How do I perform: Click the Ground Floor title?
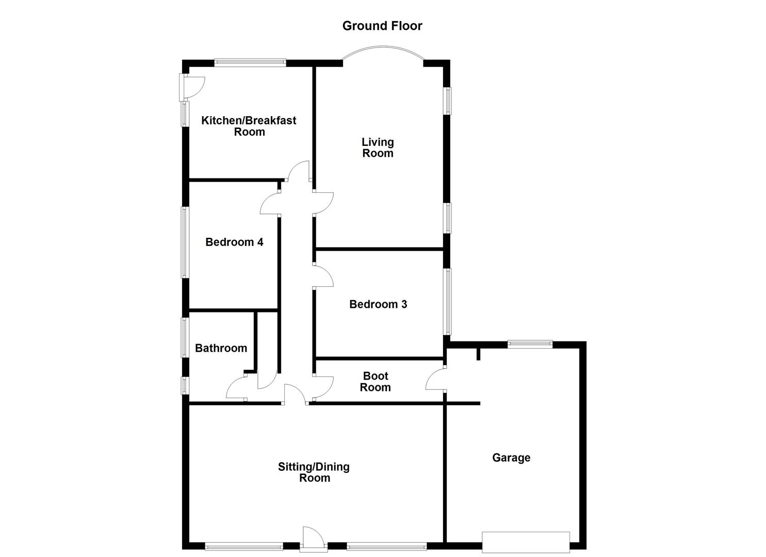tap(382, 26)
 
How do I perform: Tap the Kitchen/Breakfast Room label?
tap(249, 126)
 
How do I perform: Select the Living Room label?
tap(378, 148)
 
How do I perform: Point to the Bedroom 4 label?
tap(234, 242)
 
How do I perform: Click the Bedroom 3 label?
tap(378, 304)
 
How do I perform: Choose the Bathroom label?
tap(221, 348)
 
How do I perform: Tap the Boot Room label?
tap(375, 382)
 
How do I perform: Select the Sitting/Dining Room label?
tap(314, 472)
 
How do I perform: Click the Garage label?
tap(511, 457)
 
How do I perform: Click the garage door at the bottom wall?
tap(526, 542)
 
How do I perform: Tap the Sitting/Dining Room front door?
tap(313, 537)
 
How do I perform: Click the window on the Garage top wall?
tap(530, 344)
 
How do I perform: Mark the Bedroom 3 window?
tap(448, 302)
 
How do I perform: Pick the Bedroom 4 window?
tap(185, 242)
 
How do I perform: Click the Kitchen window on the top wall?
tap(250, 63)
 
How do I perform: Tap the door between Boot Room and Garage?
tap(436, 380)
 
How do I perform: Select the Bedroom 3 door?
tap(324, 276)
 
